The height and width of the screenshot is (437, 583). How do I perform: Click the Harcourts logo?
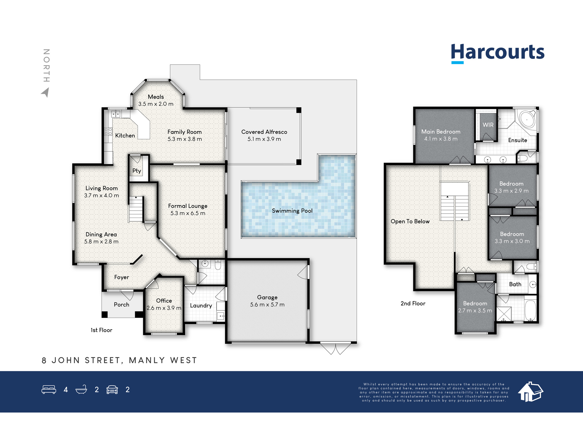tap(498, 53)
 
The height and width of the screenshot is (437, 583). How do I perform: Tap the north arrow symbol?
tap(45, 93)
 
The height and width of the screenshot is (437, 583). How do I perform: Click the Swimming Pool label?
tap(292, 211)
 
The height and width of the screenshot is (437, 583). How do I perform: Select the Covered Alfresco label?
tap(264, 132)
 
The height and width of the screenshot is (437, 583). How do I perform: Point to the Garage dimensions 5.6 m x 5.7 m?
tap(267, 305)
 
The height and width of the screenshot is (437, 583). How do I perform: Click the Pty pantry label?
tap(137, 171)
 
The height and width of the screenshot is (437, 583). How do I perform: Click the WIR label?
tap(488, 125)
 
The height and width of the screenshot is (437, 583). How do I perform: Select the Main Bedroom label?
tap(441, 132)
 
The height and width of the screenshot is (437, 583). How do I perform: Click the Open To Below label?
tap(410, 221)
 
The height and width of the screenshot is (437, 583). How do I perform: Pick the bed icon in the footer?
tap(49, 390)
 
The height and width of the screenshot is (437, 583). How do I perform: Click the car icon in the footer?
tap(112, 390)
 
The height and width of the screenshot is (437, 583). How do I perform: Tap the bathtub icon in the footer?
tap(81, 390)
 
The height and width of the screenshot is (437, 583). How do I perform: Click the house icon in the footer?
tap(531, 392)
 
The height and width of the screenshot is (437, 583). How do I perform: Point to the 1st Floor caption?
tap(101, 330)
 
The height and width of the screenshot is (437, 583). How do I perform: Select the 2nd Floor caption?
tap(413, 304)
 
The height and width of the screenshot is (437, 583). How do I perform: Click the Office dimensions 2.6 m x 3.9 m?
tap(164, 308)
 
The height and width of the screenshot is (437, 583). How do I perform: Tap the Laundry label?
tap(201, 306)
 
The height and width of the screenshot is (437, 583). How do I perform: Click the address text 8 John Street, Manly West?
tap(120, 360)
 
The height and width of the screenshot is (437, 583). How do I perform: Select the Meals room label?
tap(156, 97)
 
